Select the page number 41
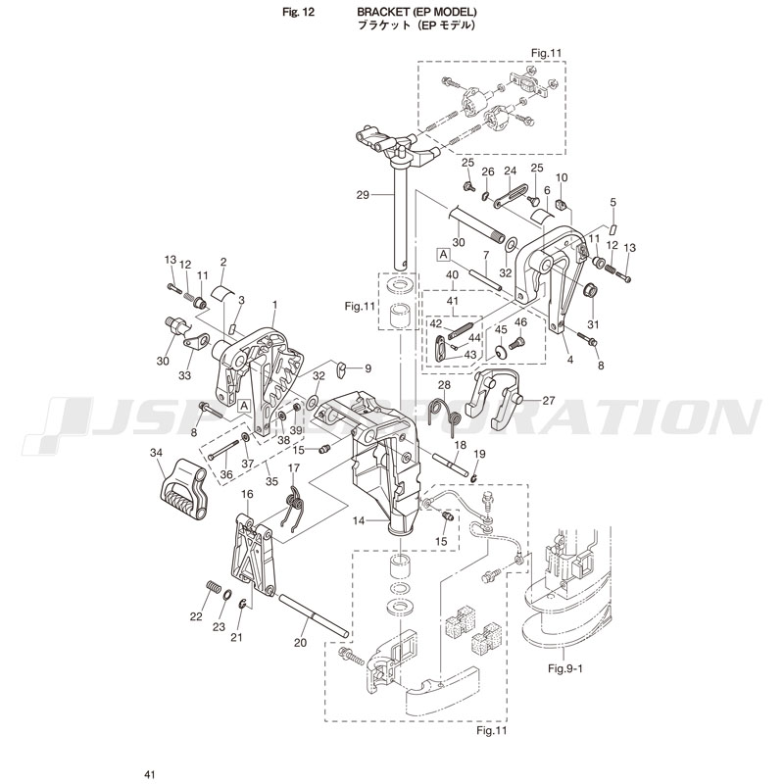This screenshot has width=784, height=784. tap(149, 774)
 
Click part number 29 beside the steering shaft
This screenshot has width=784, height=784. tap(365, 196)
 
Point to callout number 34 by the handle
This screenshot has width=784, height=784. tap(156, 452)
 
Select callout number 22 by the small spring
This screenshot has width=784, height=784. tap(196, 616)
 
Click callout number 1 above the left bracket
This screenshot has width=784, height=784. tap(275, 304)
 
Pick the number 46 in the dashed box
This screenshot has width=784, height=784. tap(520, 321)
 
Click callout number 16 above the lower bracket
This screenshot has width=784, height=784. tap(248, 495)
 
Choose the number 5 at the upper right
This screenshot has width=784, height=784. tap(612, 202)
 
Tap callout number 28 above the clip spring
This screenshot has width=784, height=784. tap(443, 386)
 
